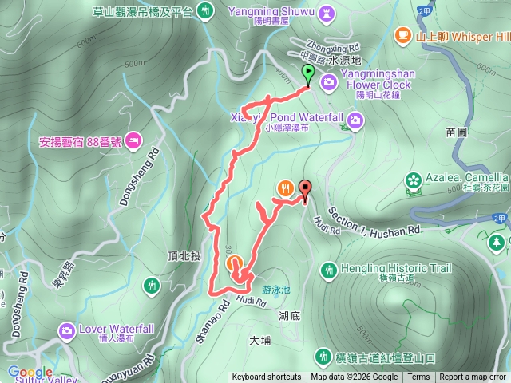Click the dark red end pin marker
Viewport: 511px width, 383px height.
(305, 188)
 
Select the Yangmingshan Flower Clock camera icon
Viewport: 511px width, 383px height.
(328, 81)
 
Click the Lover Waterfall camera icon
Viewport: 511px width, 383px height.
(66, 330)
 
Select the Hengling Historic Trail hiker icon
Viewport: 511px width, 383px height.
(327, 272)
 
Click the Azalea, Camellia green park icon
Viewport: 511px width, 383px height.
(414, 180)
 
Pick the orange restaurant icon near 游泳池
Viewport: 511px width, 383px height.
(233, 263)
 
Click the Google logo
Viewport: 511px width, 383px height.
(30, 372)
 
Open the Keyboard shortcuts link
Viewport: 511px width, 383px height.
(267, 377)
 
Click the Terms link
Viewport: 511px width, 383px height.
(418, 377)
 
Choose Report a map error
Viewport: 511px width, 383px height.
(473, 377)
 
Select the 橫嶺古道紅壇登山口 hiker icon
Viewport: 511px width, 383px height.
(323, 355)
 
